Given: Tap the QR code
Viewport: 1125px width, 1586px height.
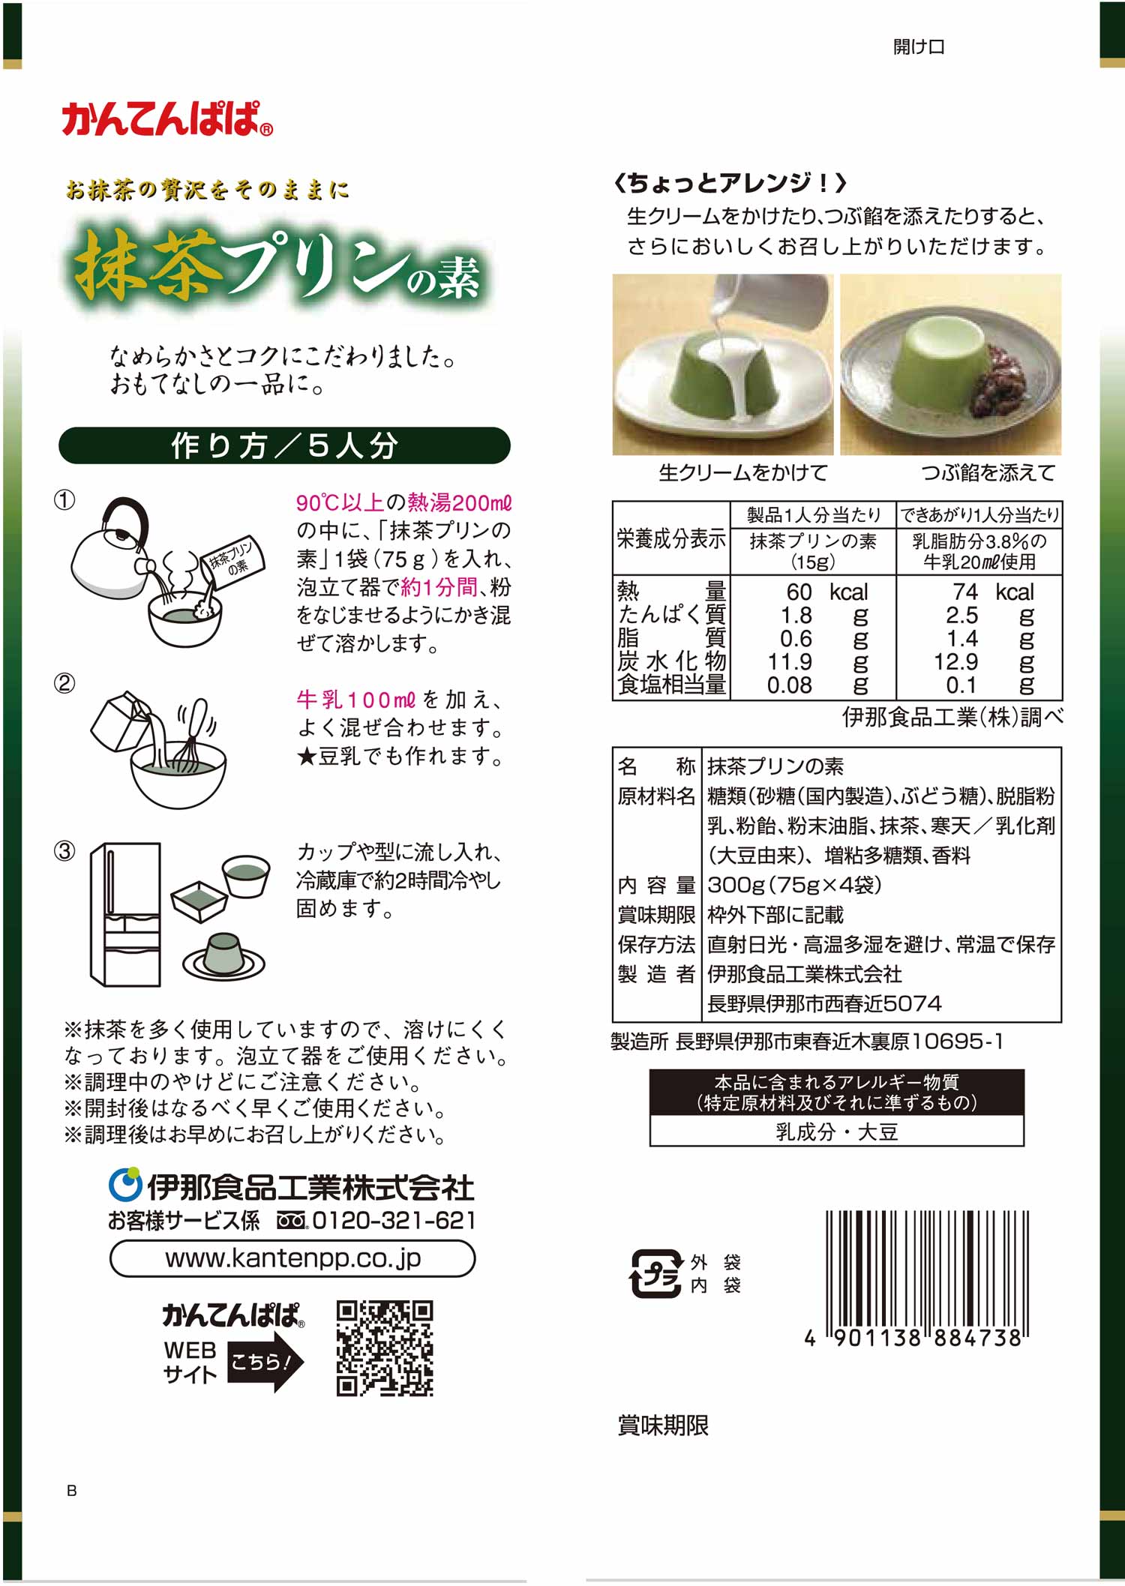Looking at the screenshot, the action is pyautogui.click(x=385, y=1348).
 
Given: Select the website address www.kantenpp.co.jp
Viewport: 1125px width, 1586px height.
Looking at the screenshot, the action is pyautogui.click(x=292, y=1258).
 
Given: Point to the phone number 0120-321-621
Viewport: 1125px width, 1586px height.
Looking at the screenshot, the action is pyautogui.click(x=394, y=1220).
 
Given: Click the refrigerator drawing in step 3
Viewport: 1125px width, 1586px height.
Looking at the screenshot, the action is pyautogui.click(x=125, y=914).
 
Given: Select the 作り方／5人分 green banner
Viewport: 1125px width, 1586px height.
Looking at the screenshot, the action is pyautogui.click(x=284, y=445).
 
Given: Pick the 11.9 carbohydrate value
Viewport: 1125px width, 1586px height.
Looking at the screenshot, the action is pyautogui.click(x=790, y=661).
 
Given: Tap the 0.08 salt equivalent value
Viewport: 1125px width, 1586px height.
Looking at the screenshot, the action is pyautogui.click(x=789, y=685).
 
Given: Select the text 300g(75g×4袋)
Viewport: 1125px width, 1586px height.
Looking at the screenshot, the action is pyautogui.click(x=794, y=885).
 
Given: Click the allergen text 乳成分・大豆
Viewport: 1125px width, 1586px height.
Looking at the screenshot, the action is pyautogui.click(x=836, y=1132).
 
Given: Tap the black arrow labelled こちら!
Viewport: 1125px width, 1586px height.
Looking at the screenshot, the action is pyautogui.click(x=265, y=1362).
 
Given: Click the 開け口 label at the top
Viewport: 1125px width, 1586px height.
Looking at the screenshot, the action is pyautogui.click(x=919, y=46).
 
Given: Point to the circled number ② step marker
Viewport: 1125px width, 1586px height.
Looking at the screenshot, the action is pyautogui.click(x=64, y=684).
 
